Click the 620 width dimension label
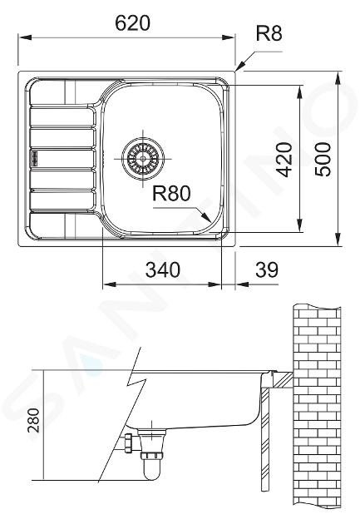(132, 23)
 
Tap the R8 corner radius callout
(269, 33)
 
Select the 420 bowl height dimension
(285, 160)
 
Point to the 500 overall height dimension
(323, 160)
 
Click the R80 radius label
(171, 193)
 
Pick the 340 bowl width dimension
(163, 269)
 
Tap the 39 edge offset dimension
(267, 269)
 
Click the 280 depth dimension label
(33, 420)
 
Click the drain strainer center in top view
(143, 158)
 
